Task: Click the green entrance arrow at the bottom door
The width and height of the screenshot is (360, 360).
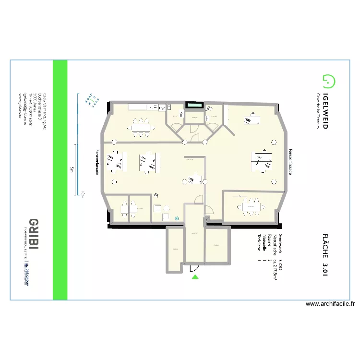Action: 194,276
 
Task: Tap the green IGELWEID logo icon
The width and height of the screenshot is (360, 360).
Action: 328,82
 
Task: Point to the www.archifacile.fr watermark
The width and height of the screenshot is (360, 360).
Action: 330,304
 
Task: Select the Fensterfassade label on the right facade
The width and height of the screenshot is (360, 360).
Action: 290,162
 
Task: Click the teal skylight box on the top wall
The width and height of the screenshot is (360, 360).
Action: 194,104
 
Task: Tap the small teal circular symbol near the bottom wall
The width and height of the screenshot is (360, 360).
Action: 177,218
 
